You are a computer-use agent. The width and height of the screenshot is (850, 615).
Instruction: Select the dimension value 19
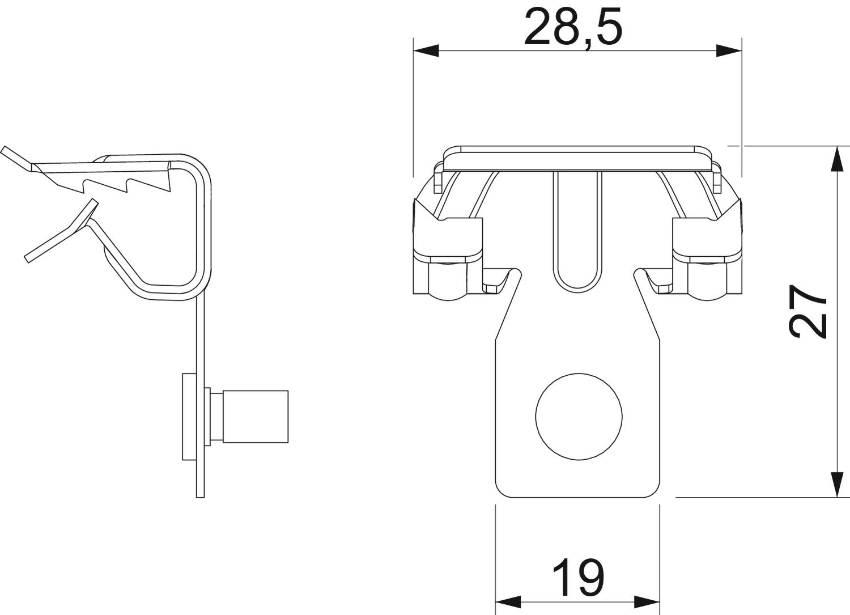tap(577, 578)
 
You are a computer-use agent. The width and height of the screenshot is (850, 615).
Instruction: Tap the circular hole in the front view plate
tap(579, 416)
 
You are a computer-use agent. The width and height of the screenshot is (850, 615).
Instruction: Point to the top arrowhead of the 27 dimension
tap(836, 158)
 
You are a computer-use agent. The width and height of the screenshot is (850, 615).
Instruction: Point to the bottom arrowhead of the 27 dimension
tap(836, 485)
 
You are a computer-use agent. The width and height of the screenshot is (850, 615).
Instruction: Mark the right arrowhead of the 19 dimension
tap(647, 601)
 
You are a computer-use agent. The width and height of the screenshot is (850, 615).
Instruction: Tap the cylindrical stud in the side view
tap(255, 416)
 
